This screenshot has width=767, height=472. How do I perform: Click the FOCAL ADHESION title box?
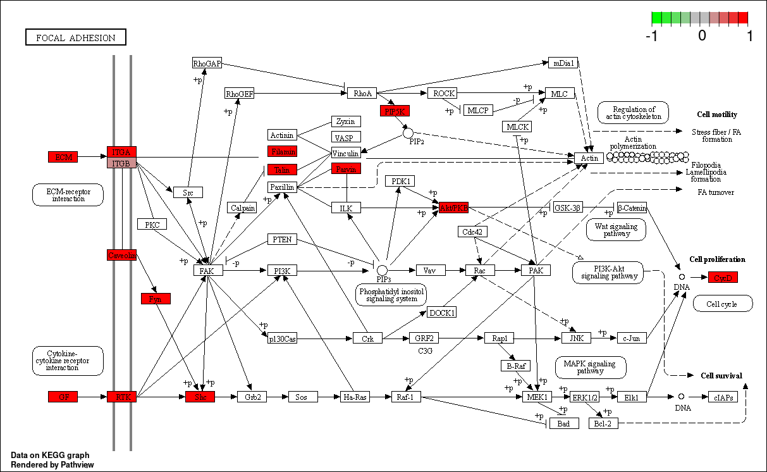[x=76, y=38]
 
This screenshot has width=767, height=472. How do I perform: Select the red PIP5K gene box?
[x=396, y=111]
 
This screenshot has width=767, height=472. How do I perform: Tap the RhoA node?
[x=362, y=94]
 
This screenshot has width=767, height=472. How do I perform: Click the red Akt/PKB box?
[x=453, y=208]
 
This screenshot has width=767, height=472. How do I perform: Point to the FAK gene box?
[x=208, y=271]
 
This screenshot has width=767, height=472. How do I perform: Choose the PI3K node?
[x=282, y=271]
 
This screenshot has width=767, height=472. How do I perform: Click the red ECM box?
[x=63, y=157]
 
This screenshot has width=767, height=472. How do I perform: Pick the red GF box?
[x=63, y=397]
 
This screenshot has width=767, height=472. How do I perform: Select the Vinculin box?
[x=345, y=153]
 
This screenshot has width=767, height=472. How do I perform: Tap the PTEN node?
[x=282, y=240]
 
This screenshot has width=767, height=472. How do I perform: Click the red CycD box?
[x=723, y=277]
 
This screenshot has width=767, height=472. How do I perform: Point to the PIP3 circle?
[x=382, y=270]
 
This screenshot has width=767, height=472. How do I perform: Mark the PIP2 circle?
[x=408, y=133]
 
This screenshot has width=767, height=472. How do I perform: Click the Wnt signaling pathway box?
[x=617, y=230]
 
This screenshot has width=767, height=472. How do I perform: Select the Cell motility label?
[x=717, y=115]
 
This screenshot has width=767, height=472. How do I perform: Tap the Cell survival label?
[x=721, y=376]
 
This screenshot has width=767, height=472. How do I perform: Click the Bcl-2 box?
[x=603, y=423]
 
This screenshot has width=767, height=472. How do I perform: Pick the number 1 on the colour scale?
[x=749, y=36]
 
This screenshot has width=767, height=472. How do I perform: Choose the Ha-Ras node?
[x=354, y=397]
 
